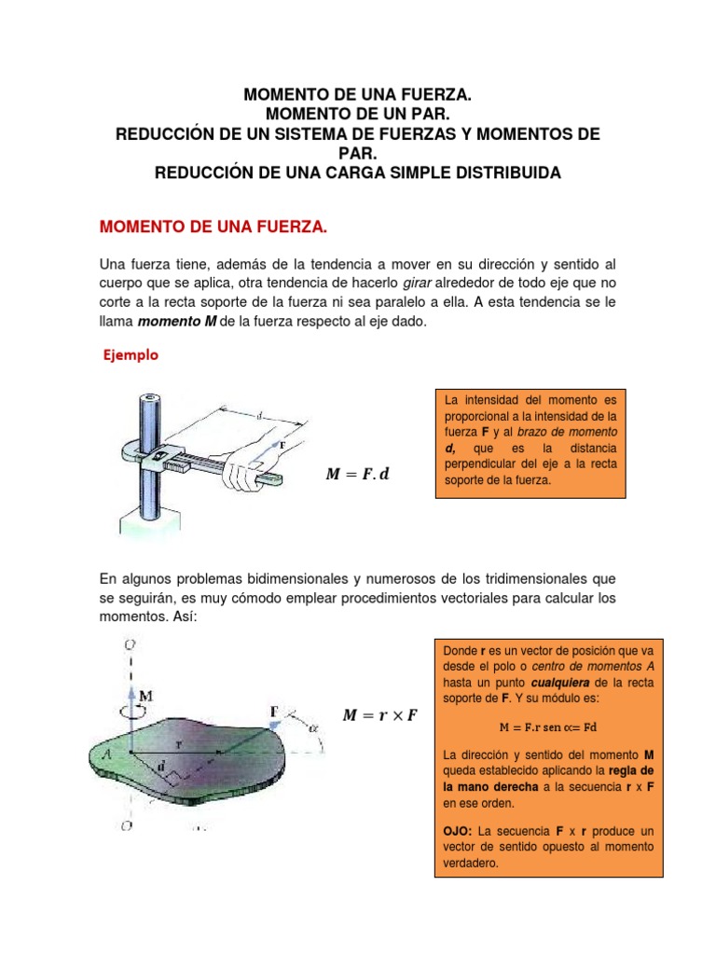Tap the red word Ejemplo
pyautogui.click(x=130, y=354)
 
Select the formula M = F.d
pyautogui.click(x=356, y=475)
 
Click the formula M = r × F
pyautogui.click(x=380, y=715)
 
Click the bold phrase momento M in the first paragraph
pyautogui.click(x=177, y=322)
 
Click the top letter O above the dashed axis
pyautogui.click(x=131, y=643)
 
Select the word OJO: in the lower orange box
pyautogui.click(x=458, y=830)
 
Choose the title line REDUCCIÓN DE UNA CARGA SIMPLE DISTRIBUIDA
pyautogui.click(x=357, y=173)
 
